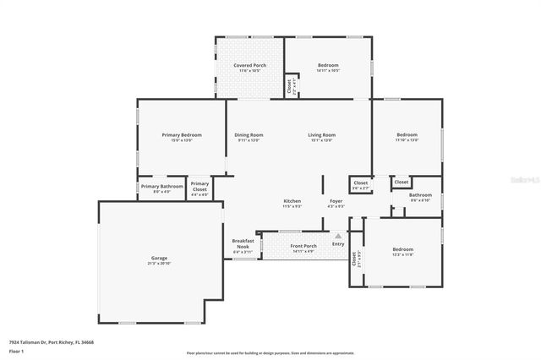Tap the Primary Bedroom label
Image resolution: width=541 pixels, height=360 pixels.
click(183, 135)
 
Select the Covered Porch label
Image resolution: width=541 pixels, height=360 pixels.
click(249, 66)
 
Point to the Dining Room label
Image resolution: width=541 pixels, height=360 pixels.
click(249, 135)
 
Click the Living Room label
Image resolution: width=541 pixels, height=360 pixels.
click(321, 135)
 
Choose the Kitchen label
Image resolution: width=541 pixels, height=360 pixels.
click(292, 201)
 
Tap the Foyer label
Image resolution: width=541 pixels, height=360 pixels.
click(336, 201)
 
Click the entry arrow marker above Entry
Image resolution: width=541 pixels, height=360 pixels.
click(338, 237)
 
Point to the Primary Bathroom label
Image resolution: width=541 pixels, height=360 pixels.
click(161, 186)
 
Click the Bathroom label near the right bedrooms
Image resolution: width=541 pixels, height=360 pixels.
click(420, 195)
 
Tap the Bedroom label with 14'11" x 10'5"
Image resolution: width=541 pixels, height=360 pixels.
click(329, 66)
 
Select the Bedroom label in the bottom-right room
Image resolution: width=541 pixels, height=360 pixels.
click(402, 249)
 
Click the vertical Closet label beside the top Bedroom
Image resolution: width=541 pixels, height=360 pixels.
click(290, 85)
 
